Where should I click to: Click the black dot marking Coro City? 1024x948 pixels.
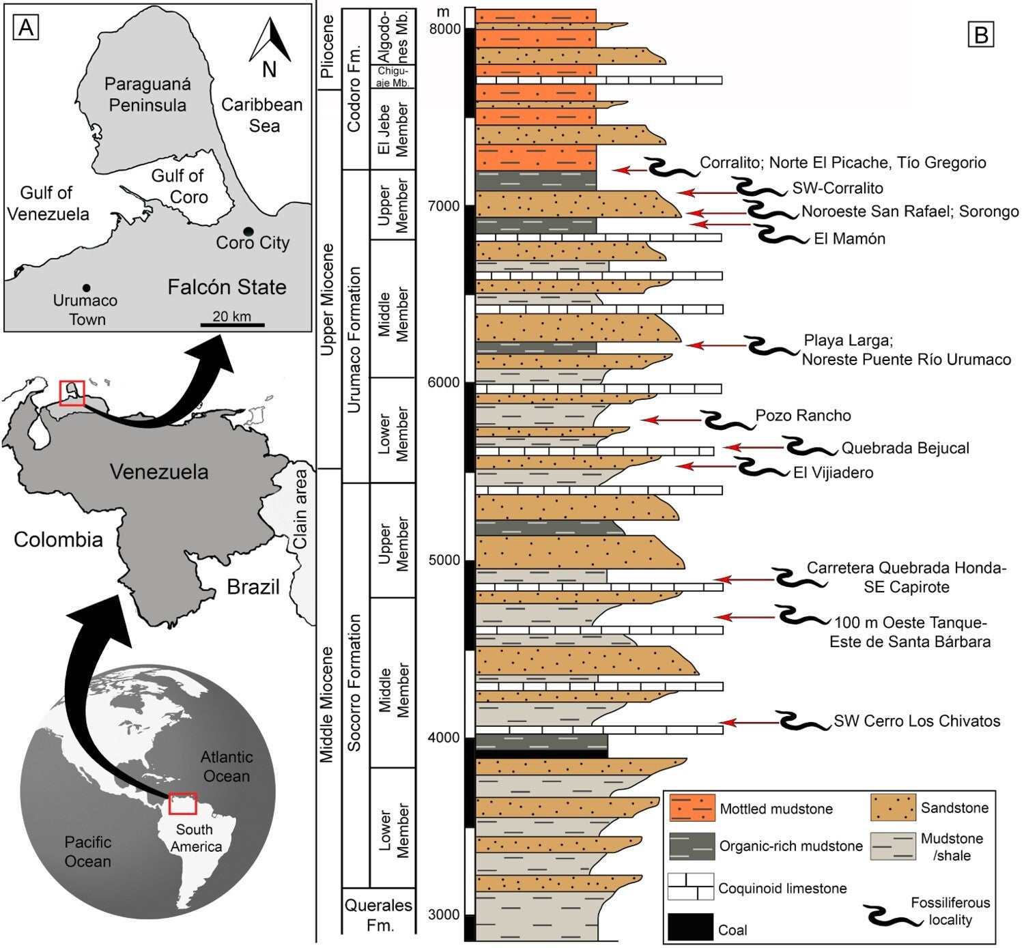tap(248, 233)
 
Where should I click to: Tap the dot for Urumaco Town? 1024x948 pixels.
tap(87, 288)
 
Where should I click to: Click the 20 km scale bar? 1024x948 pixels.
tap(232, 324)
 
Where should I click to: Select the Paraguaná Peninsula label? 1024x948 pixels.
tap(147, 95)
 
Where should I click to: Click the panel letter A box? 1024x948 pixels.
tap(27, 28)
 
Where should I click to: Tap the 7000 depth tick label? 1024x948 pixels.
tap(444, 205)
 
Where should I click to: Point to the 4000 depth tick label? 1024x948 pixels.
tap(444, 737)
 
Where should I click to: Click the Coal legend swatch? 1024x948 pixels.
tap(691, 926)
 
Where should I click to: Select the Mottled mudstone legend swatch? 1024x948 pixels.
tap(692, 808)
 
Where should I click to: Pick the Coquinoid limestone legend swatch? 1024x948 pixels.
tap(691, 887)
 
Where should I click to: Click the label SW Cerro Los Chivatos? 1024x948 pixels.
tap(917, 721)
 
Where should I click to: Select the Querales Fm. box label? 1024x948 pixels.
tap(378, 915)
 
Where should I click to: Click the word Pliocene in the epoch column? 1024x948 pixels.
tap(327, 47)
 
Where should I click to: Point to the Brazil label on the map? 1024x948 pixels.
tap(253, 587)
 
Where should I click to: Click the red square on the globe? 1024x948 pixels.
tap(182, 803)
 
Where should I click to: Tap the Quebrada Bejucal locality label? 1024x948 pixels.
tap(905, 448)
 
